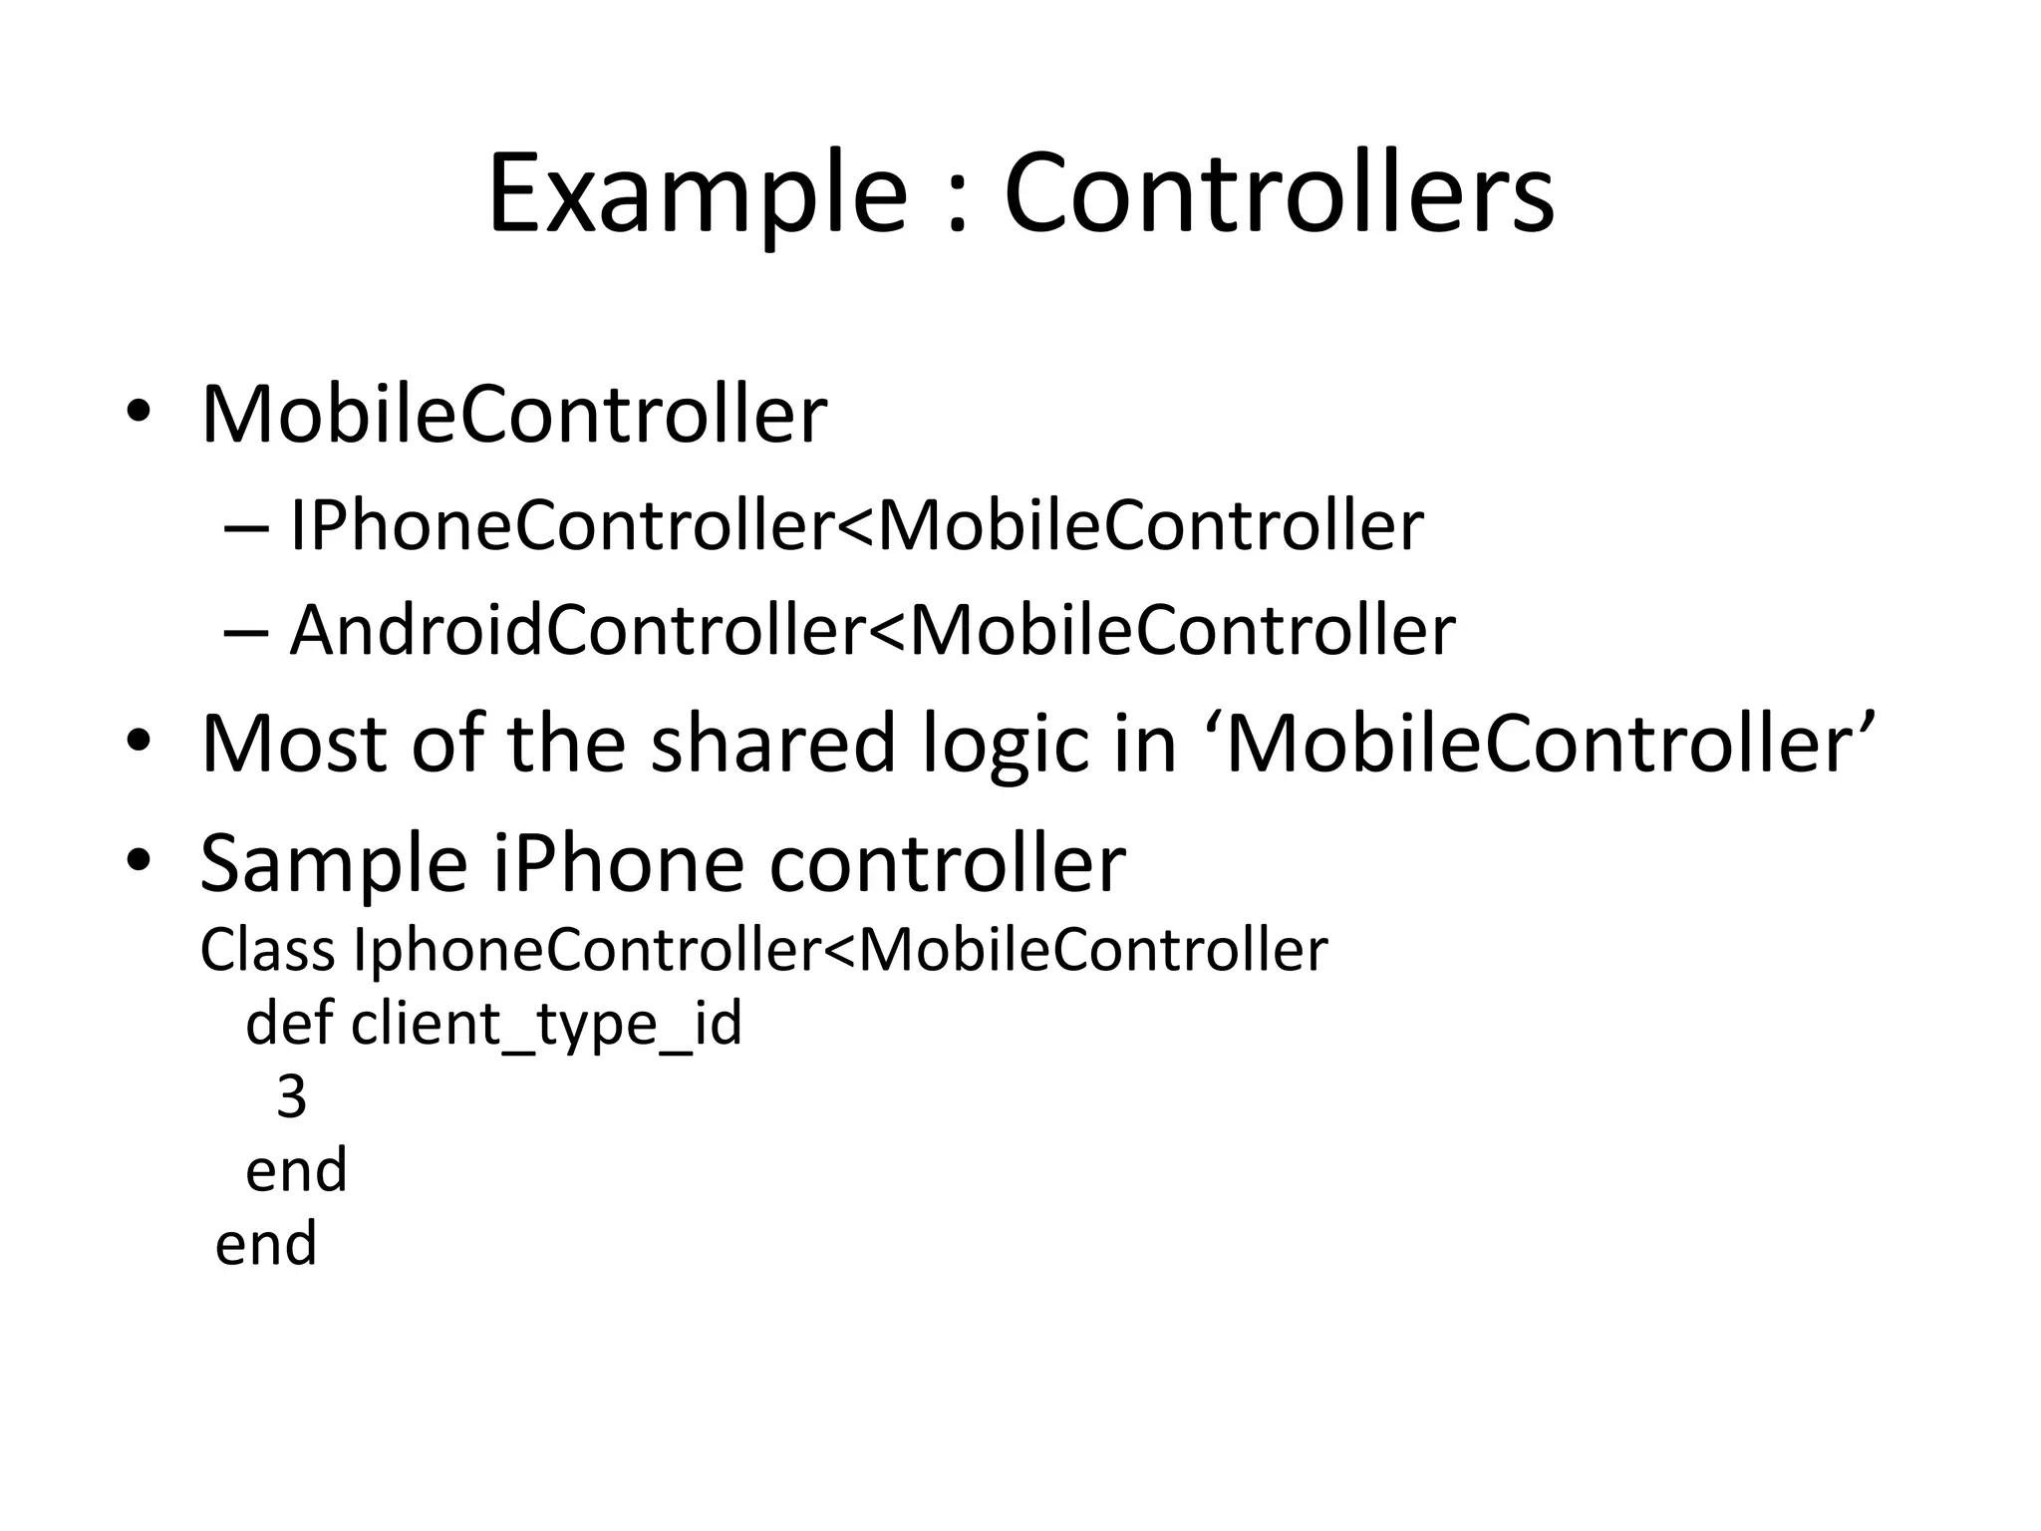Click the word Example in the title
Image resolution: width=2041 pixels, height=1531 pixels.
[697, 194]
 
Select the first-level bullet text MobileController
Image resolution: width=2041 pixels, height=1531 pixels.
[513, 414]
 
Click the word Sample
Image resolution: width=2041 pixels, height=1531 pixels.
[333, 865]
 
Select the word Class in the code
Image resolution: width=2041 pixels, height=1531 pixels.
[267, 950]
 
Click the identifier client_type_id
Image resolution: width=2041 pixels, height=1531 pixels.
[546, 1025]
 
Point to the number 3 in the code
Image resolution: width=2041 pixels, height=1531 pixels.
[291, 1096]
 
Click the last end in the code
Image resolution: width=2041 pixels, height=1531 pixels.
[266, 1244]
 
